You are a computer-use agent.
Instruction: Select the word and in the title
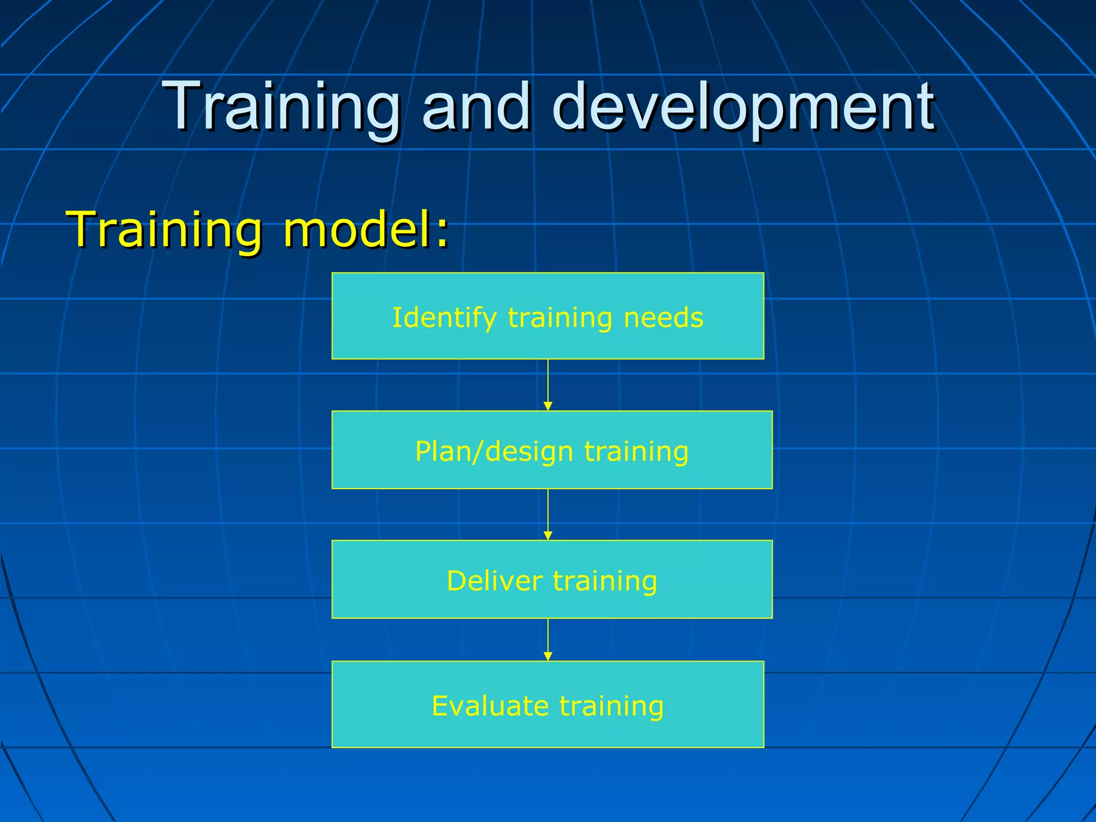tap(476, 107)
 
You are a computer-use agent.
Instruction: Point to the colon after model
tap(442, 235)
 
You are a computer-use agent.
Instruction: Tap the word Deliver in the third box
tap(494, 581)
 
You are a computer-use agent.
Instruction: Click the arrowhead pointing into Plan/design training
tap(547, 406)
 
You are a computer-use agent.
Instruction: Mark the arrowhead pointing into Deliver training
tap(547, 536)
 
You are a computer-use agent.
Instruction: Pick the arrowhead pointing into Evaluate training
tap(547, 657)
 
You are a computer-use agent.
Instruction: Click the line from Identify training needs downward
tap(547, 380)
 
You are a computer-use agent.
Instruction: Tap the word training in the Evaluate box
tap(612, 706)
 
